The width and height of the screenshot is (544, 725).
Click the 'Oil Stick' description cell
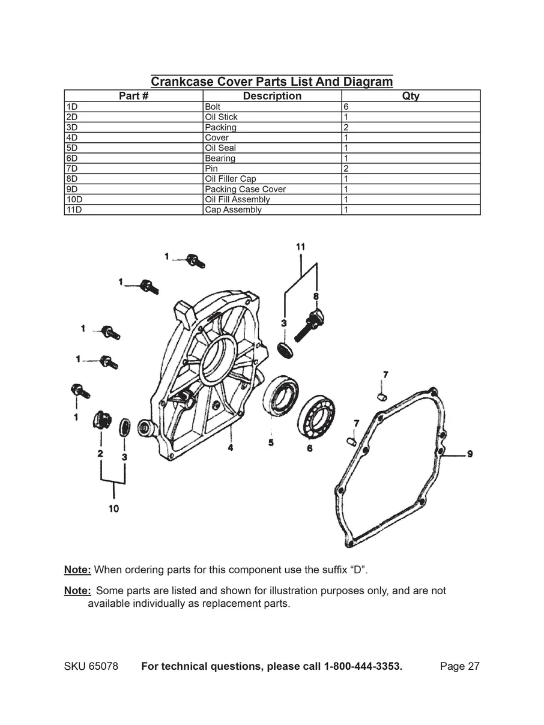(221, 117)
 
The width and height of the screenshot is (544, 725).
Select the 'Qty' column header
(411, 96)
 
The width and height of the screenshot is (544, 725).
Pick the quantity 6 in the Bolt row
(346, 107)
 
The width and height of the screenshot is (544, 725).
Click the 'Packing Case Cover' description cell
(245, 189)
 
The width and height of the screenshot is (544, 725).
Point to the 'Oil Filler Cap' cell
(230, 179)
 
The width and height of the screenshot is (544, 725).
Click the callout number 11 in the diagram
(300, 247)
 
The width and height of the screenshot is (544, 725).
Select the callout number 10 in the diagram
(113, 508)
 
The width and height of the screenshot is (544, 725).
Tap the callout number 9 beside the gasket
(470, 454)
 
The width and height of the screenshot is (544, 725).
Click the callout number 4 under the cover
(230, 447)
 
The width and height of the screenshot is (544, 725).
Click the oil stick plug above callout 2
(100, 419)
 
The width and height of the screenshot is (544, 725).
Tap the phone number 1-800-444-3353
(363, 667)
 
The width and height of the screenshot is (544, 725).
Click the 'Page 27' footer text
(459, 667)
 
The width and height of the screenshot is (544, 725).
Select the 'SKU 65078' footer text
(91, 667)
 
